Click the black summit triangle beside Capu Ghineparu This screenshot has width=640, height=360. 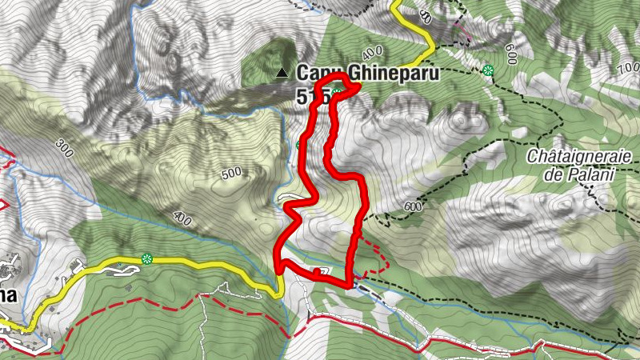click(281, 74)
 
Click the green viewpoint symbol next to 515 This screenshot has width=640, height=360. click(338, 97)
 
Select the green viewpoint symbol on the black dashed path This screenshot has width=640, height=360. click(488, 70)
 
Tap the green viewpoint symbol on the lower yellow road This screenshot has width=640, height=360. click(146, 258)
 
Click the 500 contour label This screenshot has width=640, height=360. click(230, 173)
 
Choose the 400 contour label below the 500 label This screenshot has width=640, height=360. click(182, 218)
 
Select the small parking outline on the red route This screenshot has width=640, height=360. click(322, 272)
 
